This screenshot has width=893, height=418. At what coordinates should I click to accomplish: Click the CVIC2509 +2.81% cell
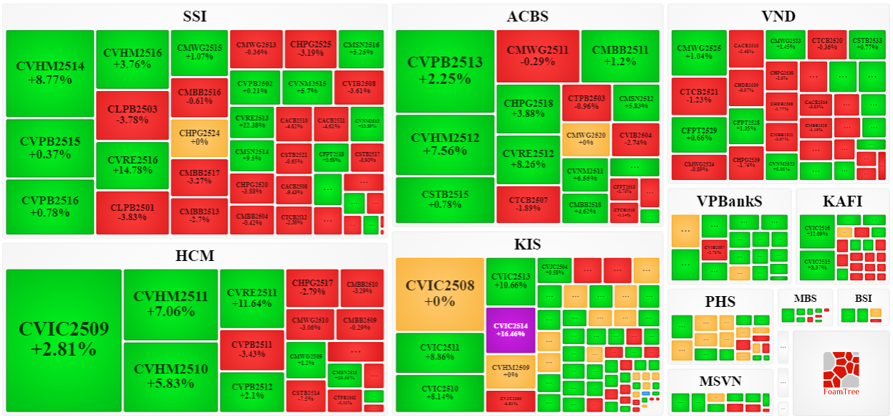tap(64, 339)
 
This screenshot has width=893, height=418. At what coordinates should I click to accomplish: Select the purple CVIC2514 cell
tap(510, 330)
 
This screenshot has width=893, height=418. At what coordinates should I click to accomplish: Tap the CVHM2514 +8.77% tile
tap(50, 73)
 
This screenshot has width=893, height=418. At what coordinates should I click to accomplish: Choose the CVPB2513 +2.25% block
tap(445, 70)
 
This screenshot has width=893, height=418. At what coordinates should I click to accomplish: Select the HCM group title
tap(195, 255)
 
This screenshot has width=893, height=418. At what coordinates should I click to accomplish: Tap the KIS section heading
tap(528, 244)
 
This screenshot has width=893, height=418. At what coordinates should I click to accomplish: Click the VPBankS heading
tap(729, 201)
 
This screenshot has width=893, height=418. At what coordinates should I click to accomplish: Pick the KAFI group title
tap(842, 201)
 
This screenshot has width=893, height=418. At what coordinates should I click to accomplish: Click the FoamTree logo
tap(841, 372)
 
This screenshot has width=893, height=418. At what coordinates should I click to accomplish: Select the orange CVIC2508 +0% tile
tap(440, 293)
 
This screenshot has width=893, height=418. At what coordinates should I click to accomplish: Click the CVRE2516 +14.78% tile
tap(132, 164)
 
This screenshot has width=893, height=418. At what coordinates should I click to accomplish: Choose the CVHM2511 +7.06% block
tap(170, 303)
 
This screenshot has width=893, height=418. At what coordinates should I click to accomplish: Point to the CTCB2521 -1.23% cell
tap(699, 96)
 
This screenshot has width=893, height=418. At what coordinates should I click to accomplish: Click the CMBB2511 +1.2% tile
tap(620, 55)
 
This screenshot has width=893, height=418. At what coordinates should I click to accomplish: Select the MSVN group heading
tap(720, 380)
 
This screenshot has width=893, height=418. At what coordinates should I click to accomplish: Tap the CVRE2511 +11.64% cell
tap(252, 298)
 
